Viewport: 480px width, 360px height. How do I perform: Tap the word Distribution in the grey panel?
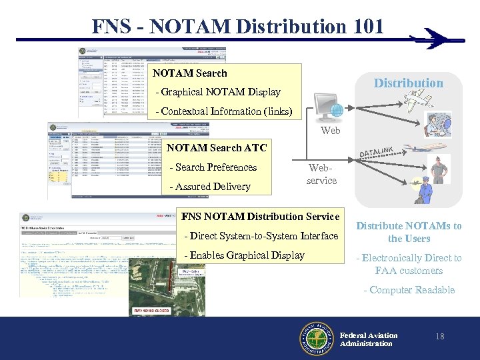point(408,83)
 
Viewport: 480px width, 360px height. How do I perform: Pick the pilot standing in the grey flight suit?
point(438,169)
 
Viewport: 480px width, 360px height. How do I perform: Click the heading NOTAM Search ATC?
point(217,147)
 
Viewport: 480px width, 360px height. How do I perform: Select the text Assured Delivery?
point(211,187)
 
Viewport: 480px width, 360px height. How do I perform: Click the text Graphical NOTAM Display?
point(217,92)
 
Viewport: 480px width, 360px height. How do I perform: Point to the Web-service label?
point(321,175)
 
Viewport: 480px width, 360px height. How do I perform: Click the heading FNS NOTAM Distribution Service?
point(261,216)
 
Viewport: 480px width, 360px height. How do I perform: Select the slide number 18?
point(439,337)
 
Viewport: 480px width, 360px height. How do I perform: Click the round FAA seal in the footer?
point(316,339)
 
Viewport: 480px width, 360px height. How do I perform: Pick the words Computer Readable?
point(409,290)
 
